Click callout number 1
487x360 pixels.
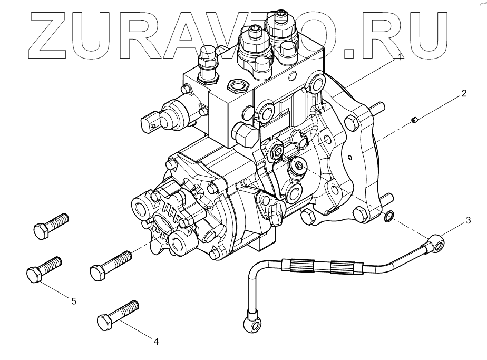coord(400,57)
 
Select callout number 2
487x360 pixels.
coord(463,94)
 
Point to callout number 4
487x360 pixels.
coord(156,342)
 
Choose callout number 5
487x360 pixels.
coord(74,301)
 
